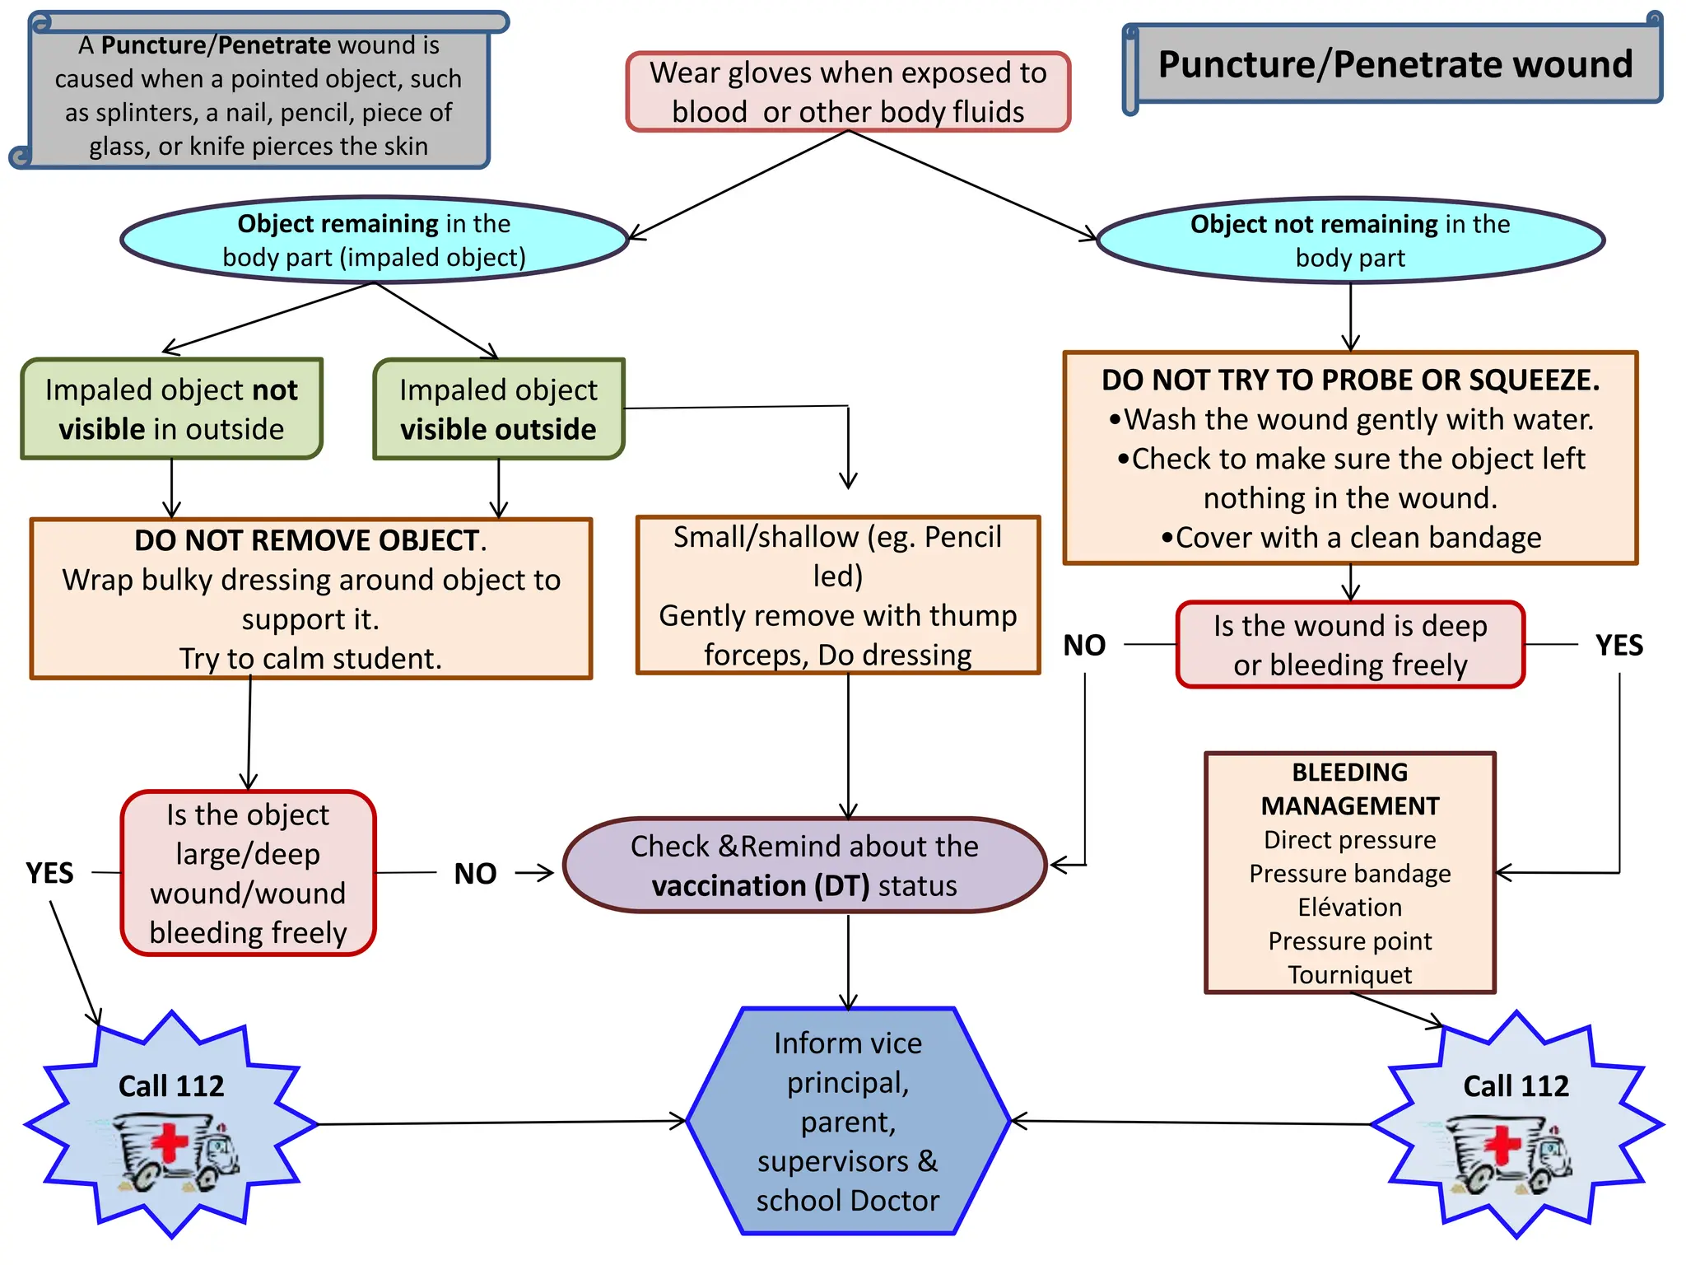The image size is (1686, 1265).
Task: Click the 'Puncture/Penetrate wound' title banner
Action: [1395, 64]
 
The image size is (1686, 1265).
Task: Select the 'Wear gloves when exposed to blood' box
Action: [848, 91]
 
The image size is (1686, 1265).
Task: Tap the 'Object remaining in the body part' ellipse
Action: [375, 240]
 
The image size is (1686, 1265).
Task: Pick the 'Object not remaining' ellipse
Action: [1350, 240]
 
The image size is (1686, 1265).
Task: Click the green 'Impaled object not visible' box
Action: [171, 408]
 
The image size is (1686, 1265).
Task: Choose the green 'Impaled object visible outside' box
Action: [498, 408]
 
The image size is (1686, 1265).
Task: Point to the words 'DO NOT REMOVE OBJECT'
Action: [310, 540]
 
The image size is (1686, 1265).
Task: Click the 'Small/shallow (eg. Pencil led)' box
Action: [837, 595]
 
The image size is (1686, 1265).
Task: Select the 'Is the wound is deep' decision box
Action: [1350, 645]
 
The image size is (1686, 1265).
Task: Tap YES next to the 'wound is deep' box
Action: [1618, 645]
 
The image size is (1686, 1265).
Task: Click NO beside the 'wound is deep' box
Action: [1084, 645]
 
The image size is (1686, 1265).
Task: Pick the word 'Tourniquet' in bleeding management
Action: [1349, 974]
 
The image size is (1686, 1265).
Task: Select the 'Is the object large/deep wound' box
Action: [248, 873]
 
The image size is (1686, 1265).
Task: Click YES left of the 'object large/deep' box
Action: [49, 873]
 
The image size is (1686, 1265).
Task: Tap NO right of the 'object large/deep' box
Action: [475, 873]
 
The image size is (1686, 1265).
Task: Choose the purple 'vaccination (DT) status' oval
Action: [804, 866]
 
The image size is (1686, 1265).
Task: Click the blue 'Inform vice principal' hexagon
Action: [848, 1121]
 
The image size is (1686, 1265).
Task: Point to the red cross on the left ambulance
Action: [170, 1144]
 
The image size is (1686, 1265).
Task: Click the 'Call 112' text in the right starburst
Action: [1516, 1085]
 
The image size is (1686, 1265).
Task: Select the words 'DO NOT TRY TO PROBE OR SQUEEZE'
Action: [1350, 380]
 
